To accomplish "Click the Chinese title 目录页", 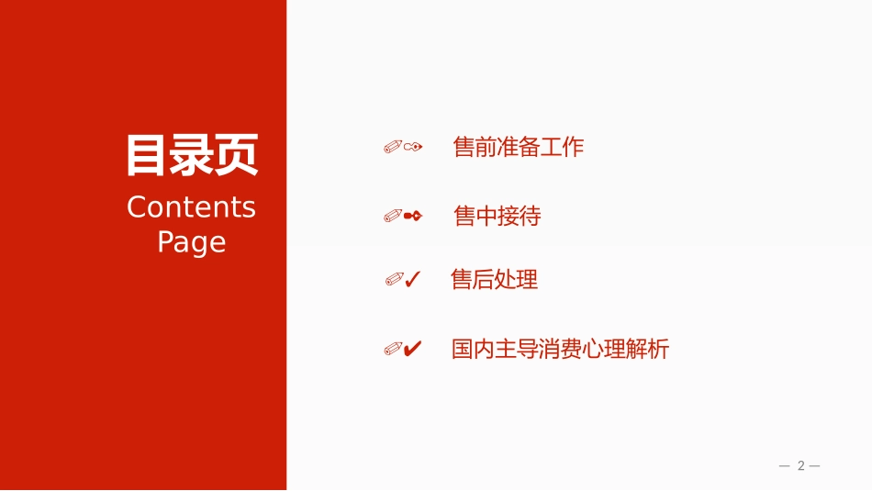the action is pos(192,154).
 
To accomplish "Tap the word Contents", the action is pos(191,207).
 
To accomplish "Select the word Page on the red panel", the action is pos(191,243).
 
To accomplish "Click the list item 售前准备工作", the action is pos(519,147).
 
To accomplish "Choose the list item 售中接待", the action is pos(497,216).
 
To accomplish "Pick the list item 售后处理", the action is pos(495,279).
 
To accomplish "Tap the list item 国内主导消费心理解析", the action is pos(560,349).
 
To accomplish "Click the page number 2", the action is pos(800,465).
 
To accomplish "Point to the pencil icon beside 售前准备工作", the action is pos(393,147).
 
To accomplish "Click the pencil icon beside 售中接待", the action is pos(393,216).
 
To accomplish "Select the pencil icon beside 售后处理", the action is pos(395,279).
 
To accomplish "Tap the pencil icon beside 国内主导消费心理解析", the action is pos(393,349).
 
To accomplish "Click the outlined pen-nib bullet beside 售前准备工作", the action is pos(413,147).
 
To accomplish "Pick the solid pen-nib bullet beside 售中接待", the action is pos(413,216).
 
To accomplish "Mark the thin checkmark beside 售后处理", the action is pos(413,279).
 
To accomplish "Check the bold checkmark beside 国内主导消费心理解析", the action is pos(413,349).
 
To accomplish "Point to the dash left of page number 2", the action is pos(785,466).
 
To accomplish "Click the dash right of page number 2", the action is pos(815,466).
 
